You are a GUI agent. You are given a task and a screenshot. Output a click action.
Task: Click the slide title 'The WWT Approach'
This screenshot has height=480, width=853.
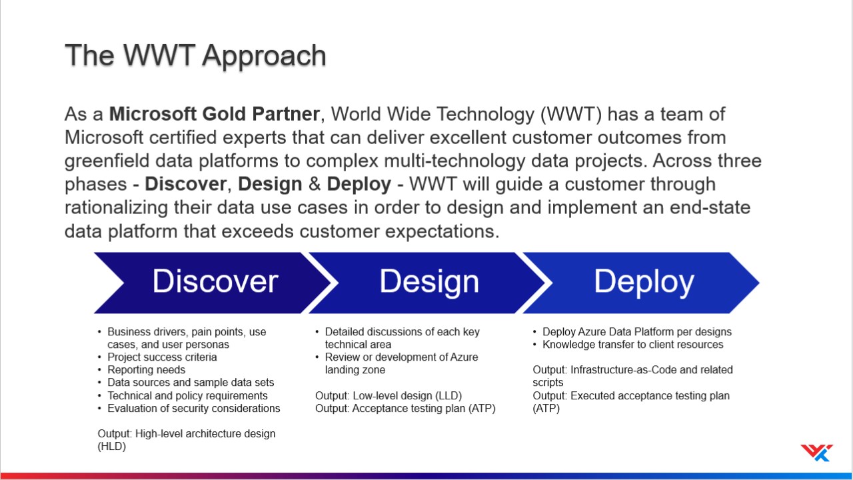(x=195, y=56)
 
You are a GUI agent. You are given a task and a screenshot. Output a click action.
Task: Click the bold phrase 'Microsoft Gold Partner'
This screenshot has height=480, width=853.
(x=215, y=114)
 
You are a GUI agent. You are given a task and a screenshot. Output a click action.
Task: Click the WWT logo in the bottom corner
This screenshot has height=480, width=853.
(x=816, y=453)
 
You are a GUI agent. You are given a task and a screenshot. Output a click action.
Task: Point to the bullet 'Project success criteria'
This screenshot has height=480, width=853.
(x=162, y=357)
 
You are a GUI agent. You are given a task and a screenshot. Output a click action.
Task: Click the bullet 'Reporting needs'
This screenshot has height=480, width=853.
(x=146, y=370)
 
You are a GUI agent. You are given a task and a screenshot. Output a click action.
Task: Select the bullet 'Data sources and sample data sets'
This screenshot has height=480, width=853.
(x=191, y=383)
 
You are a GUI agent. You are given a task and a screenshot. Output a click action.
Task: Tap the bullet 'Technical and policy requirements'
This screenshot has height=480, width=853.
(x=187, y=396)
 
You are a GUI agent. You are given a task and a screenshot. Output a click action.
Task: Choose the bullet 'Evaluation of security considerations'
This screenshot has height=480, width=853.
(x=194, y=409)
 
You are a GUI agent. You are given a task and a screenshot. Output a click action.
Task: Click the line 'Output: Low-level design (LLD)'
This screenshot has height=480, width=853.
(x=389, y=396)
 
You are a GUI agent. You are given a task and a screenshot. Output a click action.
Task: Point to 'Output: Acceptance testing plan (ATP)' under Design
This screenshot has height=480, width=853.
(x=405, y=409)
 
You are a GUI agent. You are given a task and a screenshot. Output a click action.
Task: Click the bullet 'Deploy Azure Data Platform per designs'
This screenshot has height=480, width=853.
(x=637, y=332)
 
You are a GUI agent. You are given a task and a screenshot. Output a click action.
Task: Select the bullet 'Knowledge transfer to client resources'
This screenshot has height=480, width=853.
(x=633, y=345)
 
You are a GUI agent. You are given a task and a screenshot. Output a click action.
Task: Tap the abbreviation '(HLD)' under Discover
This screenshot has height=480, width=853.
(x=111, y=447)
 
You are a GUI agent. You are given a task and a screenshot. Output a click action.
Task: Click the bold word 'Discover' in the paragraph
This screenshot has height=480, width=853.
(x=186, y=184)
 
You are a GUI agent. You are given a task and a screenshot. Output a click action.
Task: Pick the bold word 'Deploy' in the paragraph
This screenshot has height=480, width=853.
(x=359, y=185)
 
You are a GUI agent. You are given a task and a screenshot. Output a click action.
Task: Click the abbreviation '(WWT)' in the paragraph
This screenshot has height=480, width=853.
(x=571, y=114)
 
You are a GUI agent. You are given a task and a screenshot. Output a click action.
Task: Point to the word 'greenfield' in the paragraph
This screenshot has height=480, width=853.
(x=107, y=161)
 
